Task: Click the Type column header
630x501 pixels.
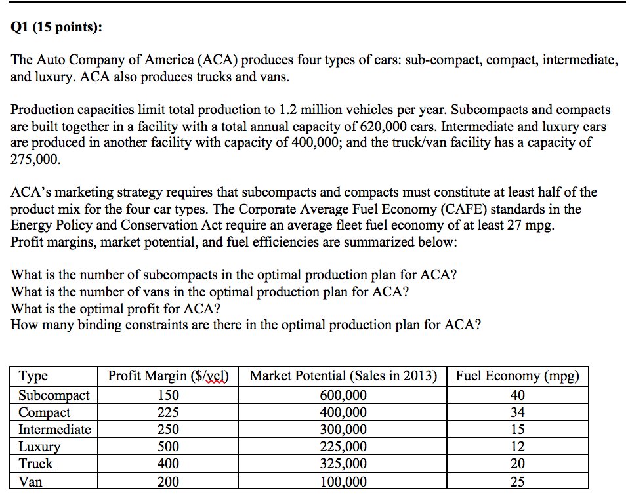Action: point(33,376)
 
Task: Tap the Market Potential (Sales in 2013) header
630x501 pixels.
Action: point(343,376)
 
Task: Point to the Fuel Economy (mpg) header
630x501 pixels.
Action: point(517,376)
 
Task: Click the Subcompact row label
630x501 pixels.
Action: point(54,395)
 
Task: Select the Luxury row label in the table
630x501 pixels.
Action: point(39,447)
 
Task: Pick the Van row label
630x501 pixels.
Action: point(30,481)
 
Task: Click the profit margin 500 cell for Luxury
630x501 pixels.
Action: point(169,447)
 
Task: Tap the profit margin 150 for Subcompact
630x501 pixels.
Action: point(169,395)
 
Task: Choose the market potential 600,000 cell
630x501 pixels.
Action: point(343,395)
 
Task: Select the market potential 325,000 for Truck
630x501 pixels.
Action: point(343,464)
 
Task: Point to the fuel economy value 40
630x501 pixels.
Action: point(517,395)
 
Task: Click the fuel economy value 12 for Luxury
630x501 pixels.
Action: point(517,447)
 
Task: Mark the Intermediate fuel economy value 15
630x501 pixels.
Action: point(517,430)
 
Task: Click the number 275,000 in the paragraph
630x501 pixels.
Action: point(36,159)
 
